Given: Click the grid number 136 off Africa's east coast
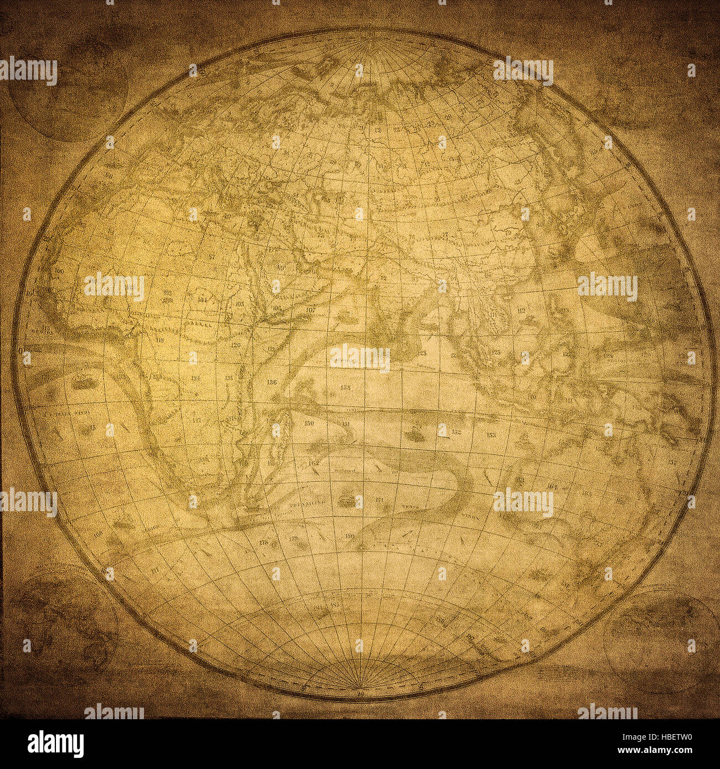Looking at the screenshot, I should click(271, 382).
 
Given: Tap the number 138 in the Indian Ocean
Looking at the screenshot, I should click(346, 387).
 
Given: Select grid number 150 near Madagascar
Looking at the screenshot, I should click(309, 423).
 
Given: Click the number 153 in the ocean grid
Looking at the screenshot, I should click(491, 435).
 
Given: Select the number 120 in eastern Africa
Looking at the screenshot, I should click(235, 345).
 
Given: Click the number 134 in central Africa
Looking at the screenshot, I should click(195, 378).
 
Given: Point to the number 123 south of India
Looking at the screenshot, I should click(423, 352).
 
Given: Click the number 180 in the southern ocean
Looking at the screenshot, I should click(349, 536).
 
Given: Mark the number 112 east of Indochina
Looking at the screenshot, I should click(521, 311).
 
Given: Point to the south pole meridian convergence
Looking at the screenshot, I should click(361, 685).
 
